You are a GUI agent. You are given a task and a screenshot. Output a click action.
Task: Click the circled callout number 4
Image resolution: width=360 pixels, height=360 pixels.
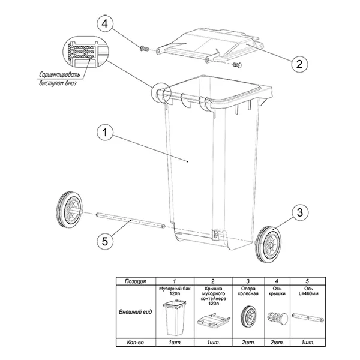coord(105,24)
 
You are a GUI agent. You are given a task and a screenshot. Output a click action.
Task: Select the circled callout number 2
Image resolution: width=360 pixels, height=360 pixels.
coord(299,64)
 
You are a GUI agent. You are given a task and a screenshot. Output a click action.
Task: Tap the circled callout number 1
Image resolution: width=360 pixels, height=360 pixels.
coord(105,133)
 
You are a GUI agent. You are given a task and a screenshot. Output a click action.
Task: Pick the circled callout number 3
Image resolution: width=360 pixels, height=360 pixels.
coord(300,212)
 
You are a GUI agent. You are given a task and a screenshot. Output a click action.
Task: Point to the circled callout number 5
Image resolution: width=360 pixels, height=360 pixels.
coord(105,242)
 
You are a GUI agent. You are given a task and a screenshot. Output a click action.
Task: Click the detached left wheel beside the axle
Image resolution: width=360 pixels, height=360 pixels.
coord(70,209)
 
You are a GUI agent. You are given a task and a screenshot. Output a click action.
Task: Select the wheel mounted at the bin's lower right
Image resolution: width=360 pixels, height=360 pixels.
coord(268,245)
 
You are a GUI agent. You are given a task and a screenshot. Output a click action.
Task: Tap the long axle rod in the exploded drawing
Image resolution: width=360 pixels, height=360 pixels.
coord(130,220)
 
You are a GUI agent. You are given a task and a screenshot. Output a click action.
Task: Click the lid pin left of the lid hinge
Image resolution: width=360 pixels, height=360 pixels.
coord(144,49)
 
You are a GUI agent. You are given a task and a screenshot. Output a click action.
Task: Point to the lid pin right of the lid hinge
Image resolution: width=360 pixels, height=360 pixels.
coord(237,65)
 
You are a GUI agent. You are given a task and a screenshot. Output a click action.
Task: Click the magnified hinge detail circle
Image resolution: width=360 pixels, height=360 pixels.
coord(86,52)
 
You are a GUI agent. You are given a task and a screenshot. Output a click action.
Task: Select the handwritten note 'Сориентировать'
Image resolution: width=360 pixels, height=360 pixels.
coord(59,75)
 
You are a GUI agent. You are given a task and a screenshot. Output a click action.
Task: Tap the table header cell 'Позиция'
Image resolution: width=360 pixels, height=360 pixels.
coord(136,281)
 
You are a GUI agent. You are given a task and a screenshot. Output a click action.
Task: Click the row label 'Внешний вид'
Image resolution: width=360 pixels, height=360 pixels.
coord(136,312)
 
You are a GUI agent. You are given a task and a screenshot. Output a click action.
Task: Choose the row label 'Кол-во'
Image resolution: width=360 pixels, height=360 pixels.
coord(136,343)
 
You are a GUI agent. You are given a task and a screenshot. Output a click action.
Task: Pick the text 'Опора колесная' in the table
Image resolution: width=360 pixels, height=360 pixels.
coord(248,291)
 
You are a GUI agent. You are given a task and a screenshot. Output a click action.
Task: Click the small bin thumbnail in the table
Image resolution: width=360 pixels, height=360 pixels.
coord(175,317)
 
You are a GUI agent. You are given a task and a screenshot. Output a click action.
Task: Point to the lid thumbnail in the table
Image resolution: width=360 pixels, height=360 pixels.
coord(213,320)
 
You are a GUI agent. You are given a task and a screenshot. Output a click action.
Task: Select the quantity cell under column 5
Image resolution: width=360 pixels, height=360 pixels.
coord(308,343)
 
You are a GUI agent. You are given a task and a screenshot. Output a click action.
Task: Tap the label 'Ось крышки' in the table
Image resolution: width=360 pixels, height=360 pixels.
coord(277,291)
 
